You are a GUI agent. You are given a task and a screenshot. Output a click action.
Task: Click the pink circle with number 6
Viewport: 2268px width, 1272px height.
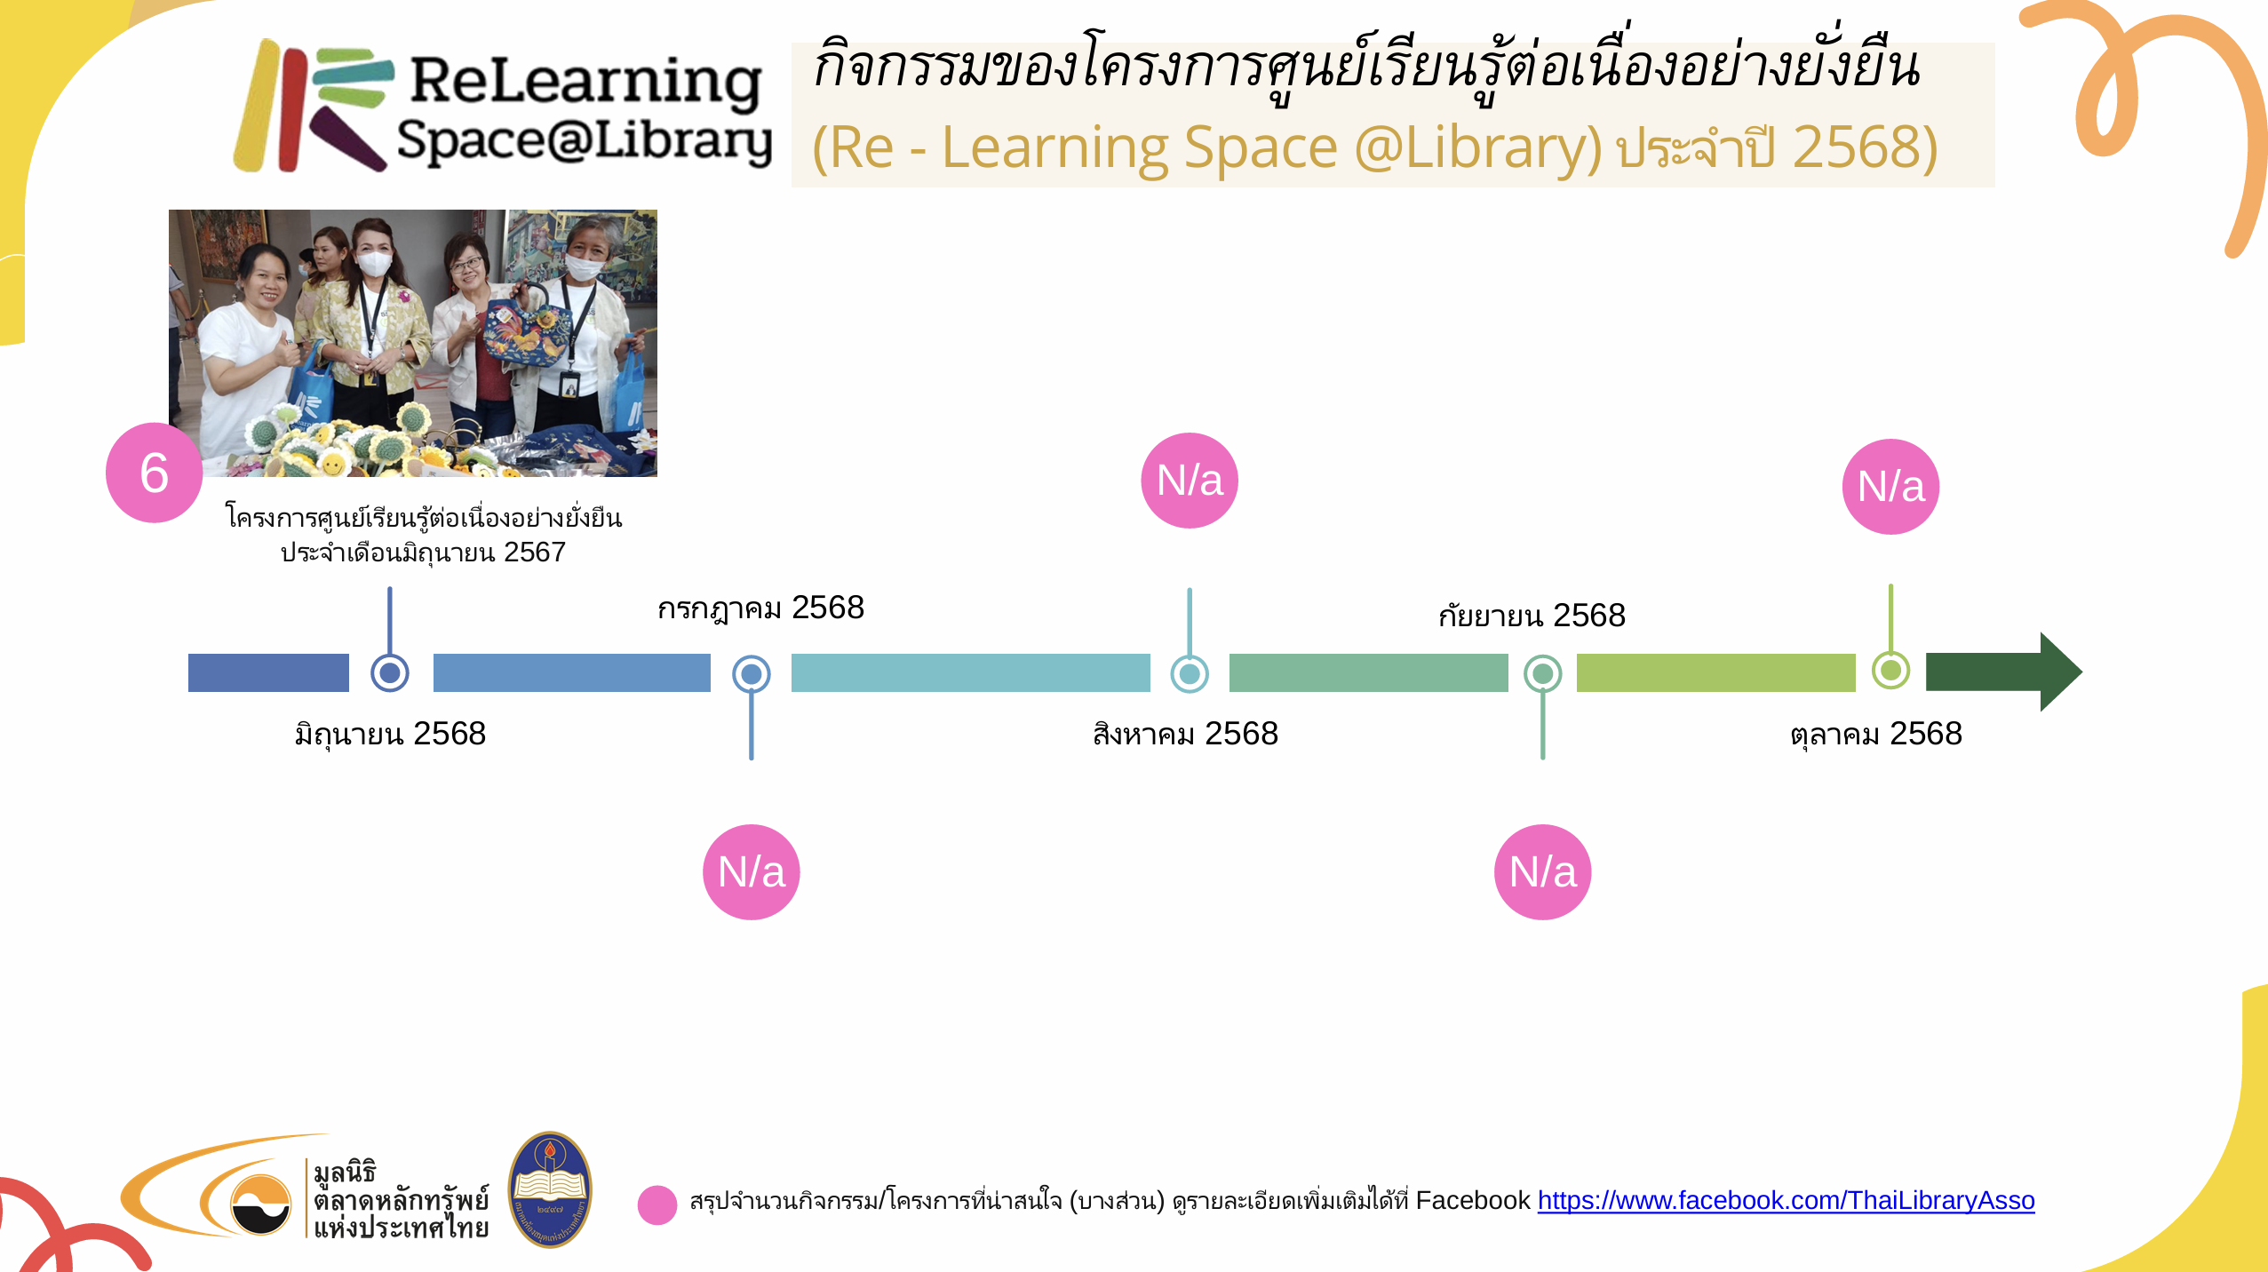pos(154,473)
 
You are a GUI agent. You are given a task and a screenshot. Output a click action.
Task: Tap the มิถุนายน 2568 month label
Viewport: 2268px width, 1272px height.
pos(390,735)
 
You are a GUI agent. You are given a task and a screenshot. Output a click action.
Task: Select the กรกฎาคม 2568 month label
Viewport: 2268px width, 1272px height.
pos(760,608)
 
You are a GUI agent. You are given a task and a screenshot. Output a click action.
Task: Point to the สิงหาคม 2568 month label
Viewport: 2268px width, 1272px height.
pos(1185,734)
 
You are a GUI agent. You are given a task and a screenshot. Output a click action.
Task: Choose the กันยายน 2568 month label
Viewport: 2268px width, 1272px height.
pos(1532,615)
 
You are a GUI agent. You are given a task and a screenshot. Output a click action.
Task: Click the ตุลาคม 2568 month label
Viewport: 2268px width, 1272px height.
pos(1875,735)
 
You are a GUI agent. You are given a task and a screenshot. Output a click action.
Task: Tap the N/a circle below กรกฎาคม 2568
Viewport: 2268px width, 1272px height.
pos(752,872)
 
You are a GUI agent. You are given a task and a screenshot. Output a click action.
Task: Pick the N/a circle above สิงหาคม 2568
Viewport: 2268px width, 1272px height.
pos(1190,481)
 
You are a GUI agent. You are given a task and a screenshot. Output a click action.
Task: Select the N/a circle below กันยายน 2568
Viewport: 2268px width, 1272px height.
pos(1543,872)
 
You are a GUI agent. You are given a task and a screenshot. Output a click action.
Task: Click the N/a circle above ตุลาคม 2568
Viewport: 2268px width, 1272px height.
pos(1891,487)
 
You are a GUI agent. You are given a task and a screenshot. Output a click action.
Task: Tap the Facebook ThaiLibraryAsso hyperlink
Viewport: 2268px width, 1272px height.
pos(1786,1200)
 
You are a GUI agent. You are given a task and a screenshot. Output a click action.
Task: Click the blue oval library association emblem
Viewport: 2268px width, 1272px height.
pos(550,1189)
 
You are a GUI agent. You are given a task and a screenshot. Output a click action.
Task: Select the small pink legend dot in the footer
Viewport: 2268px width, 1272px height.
pos(657,1205)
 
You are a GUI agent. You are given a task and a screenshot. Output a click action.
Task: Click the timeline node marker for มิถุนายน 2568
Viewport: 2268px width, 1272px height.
pos(389,672)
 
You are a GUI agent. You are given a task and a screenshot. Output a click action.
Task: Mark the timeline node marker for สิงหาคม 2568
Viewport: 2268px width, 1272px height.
pos(1190,673)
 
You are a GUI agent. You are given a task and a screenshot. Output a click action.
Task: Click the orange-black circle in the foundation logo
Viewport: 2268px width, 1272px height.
pos(260,1204)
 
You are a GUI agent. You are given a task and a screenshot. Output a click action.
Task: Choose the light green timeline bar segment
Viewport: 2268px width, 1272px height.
pos(1715,672)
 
